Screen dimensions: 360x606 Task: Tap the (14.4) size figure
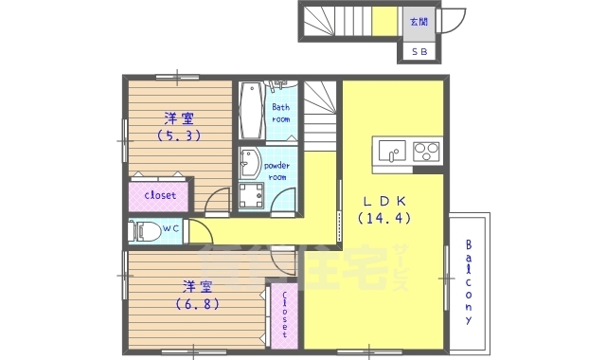(385, 218)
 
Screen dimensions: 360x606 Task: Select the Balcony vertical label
(469, 282)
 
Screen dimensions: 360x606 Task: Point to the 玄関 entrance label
(418, 22)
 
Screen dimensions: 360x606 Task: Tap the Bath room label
(281, 114)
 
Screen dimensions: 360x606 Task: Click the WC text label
(171, 229)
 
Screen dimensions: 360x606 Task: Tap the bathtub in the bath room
(251, 111)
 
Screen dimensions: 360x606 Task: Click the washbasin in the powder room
(249, 165)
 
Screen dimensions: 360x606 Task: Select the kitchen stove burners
(426, 151)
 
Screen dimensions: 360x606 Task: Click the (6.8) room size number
(197, 304)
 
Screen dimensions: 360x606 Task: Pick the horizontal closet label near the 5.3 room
(158, 195)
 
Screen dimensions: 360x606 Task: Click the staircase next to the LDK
(321, 111)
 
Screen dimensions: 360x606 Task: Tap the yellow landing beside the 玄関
(383, 22)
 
